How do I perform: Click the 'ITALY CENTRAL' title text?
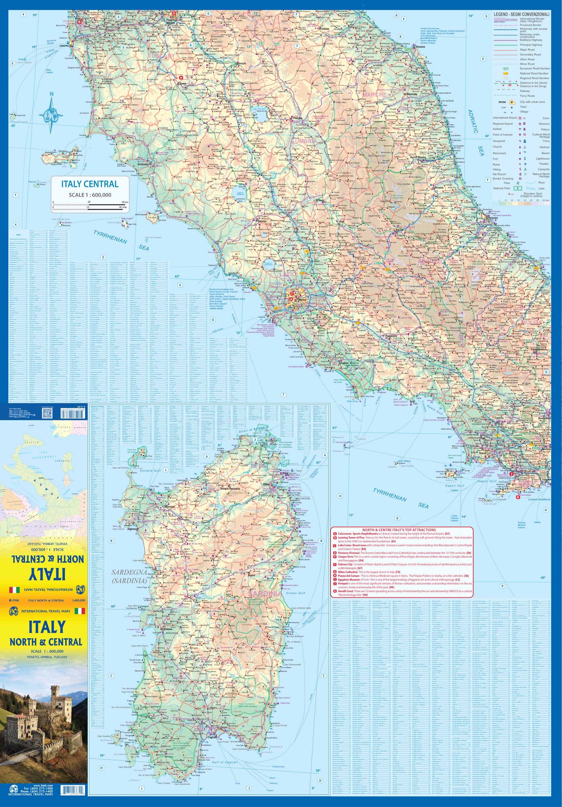pos(90,184)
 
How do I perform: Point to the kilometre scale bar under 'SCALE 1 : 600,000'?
pos(90,204)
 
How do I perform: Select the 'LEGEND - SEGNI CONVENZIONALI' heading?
pos(521,14)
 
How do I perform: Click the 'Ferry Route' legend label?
pos(527,96)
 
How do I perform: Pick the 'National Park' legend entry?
pos(501,188)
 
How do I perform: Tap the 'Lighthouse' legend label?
pos(543,159)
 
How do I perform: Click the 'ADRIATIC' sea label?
pos(473,121)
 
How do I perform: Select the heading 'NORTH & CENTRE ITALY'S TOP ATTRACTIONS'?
pos(399,530)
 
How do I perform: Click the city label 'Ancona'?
pos(420,47)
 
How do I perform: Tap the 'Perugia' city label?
pos(297,118)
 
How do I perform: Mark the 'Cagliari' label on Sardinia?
pos(212,737)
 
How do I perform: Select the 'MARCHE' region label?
pos(374,94)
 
